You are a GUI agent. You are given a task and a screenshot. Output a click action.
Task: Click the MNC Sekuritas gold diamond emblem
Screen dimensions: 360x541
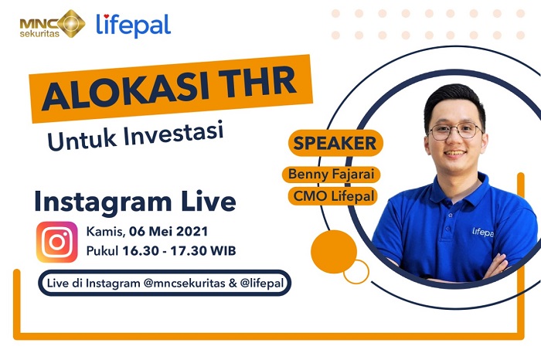click(x=71, y=23)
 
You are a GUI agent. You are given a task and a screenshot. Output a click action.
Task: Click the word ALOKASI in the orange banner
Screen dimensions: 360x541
click(x=121, y=91)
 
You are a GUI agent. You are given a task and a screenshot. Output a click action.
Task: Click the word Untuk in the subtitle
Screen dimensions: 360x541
click(x=76, y=141)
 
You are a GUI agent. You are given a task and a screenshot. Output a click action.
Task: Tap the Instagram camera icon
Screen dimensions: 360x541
click(x=56, y=242)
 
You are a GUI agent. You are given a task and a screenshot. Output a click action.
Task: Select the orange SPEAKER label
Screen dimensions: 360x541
click(x=335, y=143)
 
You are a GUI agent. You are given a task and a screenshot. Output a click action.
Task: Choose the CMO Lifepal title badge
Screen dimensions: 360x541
click(x=334, y=196)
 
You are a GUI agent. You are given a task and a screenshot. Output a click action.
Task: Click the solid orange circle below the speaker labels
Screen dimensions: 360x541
click(x=333, y=251)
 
